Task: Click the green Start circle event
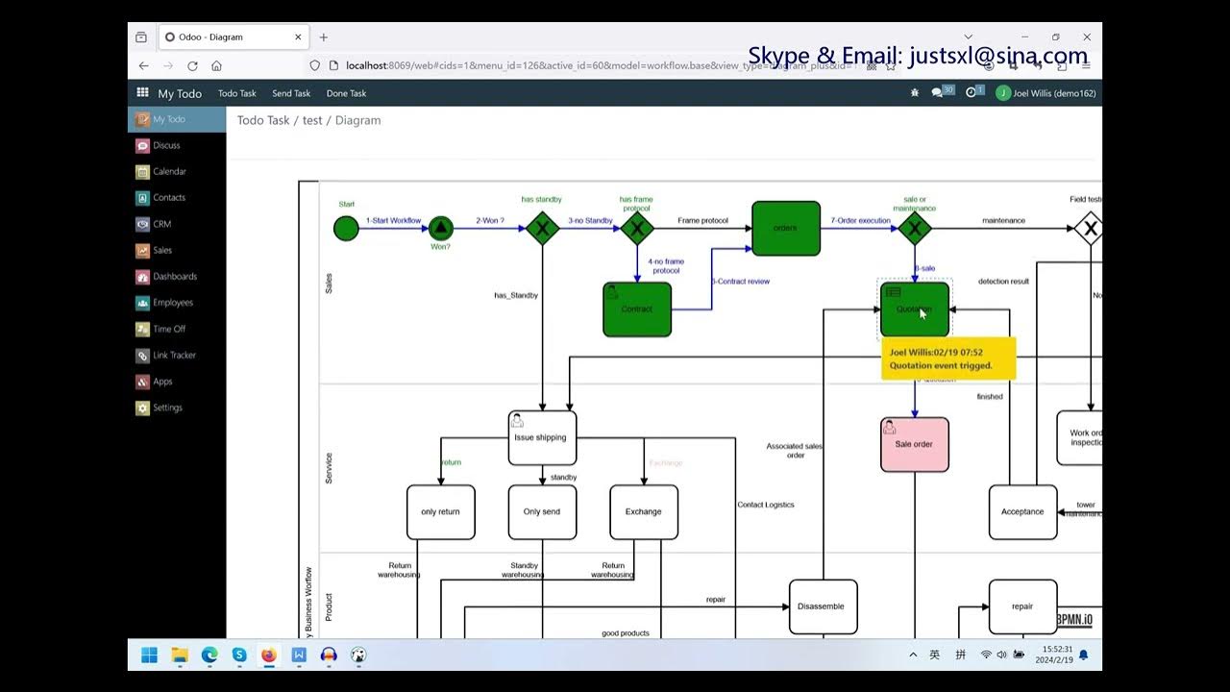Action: (346, 229)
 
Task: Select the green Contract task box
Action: (637, 309)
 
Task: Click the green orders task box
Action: (786, 229)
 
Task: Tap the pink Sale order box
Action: (914, 444)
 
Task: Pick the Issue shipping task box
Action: (542, 438)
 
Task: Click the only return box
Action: (440, 512)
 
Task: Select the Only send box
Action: (542, 512)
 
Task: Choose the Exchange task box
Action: (644, 512)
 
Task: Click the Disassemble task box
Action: (823, 606)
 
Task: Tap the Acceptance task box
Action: (1022, 512)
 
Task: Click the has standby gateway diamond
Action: (542, 229)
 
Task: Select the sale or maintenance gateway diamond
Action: (914, 229)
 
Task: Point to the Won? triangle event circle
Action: (440, 229)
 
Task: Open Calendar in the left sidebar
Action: (169, 172)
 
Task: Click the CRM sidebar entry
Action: (162, 224)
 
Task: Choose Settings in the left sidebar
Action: (167, 408)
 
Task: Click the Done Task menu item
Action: (346, 93)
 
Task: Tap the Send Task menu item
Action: (291, 93)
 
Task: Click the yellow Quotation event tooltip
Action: (947, 358)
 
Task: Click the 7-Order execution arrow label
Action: (861, 221)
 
